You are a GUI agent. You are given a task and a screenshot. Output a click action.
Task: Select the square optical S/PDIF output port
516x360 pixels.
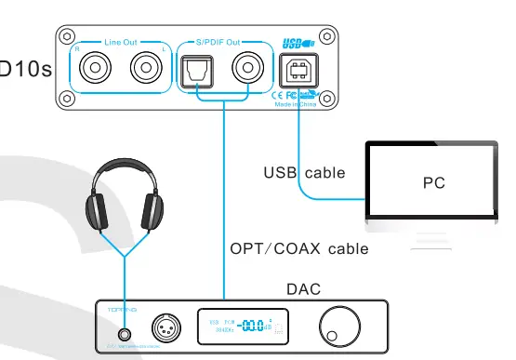pos(197,69)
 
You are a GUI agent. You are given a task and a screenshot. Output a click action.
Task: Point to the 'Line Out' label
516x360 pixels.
pos(123,42)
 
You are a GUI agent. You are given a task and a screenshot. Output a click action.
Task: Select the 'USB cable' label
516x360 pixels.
pos(304,173)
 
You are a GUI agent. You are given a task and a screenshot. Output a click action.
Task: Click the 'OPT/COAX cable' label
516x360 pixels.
pos(298,248)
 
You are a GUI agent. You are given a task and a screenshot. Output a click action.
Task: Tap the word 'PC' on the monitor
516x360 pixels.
pos(433,182)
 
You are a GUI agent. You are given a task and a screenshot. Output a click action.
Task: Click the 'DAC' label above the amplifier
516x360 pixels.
pos(302,290)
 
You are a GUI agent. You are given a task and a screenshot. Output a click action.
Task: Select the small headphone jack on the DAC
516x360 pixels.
pos(125,333)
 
